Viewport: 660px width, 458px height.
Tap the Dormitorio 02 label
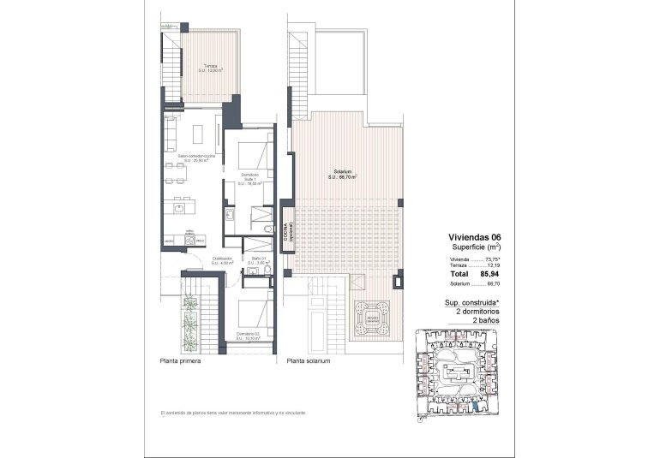point(249,335)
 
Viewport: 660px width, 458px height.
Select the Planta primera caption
point(180,361)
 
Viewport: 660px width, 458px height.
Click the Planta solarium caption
point(309,361)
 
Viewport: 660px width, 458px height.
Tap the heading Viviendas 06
point(474,239)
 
